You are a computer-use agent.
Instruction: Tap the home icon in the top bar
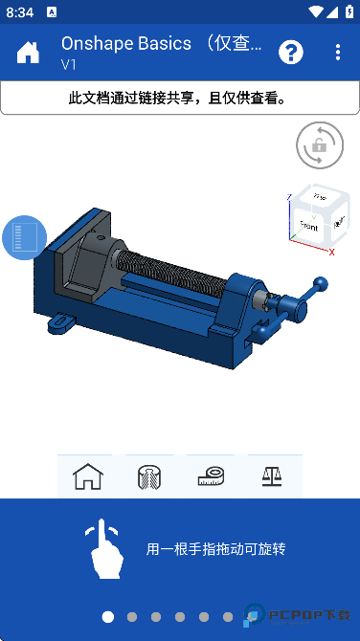28,52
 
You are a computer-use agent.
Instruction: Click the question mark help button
291,52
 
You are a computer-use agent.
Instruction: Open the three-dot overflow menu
338,52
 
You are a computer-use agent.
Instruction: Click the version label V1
69,65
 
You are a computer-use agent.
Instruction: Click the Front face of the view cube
308,227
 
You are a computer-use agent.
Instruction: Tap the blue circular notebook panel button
25,237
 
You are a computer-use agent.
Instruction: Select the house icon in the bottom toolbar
88,475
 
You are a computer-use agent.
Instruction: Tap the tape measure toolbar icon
210,475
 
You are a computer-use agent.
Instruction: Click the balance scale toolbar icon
271,475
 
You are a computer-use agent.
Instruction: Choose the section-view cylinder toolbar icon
149,475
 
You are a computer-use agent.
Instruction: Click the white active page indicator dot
108,617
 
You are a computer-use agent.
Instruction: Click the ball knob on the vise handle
322,283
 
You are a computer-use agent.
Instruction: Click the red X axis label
331,252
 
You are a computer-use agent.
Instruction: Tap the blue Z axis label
289,199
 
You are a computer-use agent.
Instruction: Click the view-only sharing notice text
179,98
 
